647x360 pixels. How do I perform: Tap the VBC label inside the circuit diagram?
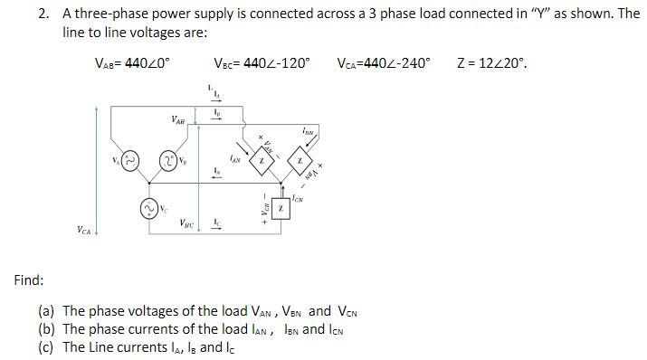pyautogui.click(x=186, y=223)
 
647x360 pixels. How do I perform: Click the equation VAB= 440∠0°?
pyautogui.click(x=132, y=63)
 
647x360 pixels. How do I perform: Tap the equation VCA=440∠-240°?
pyautogui.click(x=384, y=63)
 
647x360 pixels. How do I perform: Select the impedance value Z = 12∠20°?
pyautogui.click(x=492, y=63)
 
